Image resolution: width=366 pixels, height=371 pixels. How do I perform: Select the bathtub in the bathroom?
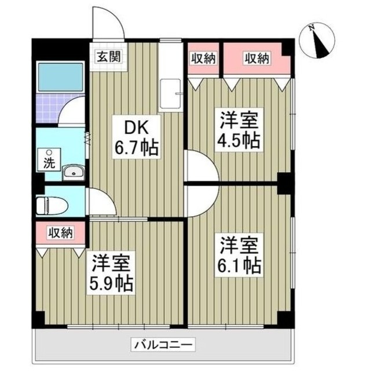click(x=60, y=74)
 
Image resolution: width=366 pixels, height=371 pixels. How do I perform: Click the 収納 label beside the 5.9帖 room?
click(x=60, y=233)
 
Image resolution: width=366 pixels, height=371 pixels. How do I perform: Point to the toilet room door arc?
click(x=96, y=201)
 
